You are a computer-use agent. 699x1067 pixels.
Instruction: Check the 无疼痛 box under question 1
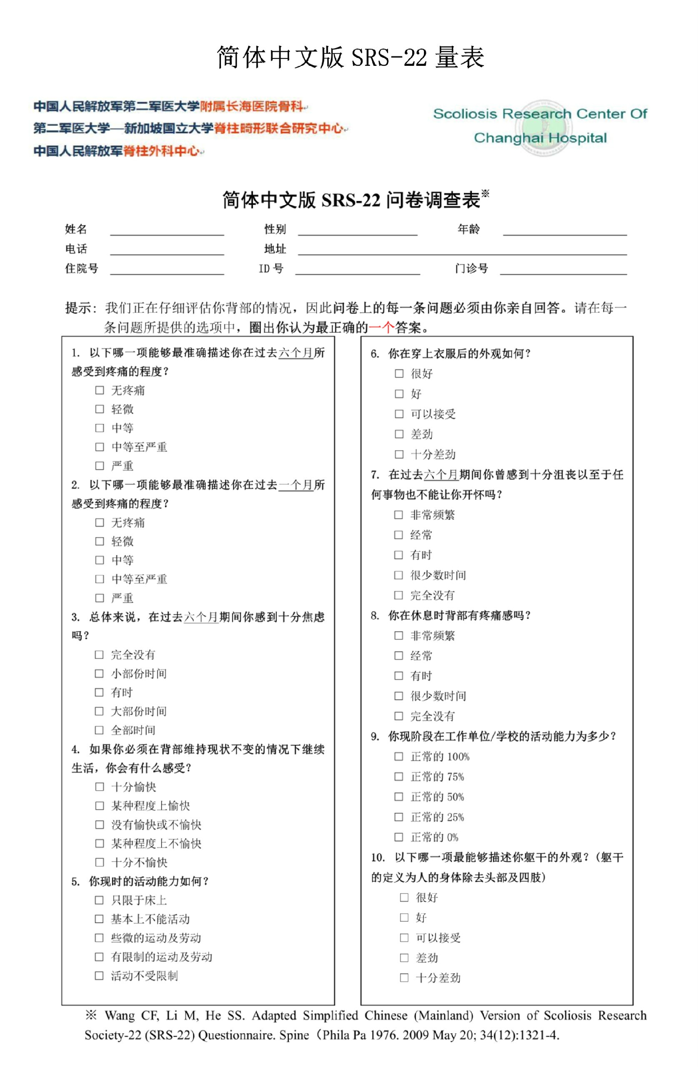100,391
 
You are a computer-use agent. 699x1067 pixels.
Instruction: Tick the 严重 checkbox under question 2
100,598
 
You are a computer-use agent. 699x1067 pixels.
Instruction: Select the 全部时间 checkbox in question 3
99,730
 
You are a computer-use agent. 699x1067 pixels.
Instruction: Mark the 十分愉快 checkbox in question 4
100,787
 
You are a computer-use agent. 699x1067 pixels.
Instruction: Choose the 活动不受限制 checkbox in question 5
99,976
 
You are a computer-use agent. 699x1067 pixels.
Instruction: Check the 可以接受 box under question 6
398,414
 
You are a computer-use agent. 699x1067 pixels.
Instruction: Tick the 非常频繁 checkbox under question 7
398,515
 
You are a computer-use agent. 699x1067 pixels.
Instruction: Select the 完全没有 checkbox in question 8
398,716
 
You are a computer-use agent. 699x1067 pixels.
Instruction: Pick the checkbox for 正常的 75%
398,776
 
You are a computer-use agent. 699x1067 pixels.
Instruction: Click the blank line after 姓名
167,230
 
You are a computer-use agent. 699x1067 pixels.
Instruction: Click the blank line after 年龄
564,230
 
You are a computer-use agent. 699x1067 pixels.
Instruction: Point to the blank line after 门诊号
563,270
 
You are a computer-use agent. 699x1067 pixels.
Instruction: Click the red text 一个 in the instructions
381,328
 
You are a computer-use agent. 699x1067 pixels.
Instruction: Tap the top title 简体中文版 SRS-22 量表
350,58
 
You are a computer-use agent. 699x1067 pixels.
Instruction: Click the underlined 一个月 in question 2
296,485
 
